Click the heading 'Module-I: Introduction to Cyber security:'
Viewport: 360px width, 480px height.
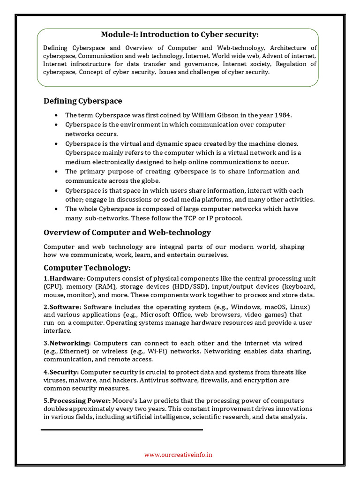coord(180,34)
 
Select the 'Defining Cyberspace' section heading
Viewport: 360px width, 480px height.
coord(82,101)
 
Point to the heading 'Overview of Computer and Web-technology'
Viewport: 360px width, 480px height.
coord(127,232)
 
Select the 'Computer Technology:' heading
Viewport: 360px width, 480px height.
coord(87,268)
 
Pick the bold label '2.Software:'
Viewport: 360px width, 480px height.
coord(62,307)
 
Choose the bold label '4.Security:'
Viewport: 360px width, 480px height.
coord(61,372)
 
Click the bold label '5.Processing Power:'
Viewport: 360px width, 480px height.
coord(77,400)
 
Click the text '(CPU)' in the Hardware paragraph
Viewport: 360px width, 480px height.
coord(52,286)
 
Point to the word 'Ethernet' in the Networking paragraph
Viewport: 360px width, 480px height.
coord(73,351)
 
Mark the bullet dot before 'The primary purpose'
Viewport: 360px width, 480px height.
coord(56,172)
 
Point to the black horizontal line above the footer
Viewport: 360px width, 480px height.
coord(122,429)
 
